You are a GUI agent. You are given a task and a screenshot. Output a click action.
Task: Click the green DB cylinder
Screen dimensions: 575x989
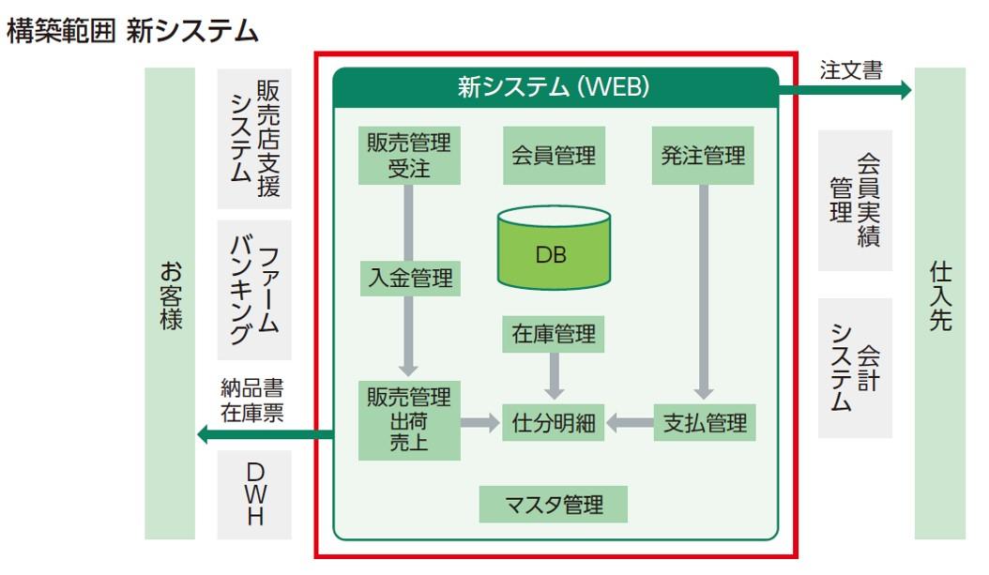tap(554, 248)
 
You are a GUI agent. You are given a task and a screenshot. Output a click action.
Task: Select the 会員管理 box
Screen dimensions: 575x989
tap(554, 156)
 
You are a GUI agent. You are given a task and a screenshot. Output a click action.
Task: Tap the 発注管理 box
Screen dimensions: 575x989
tap(703, 156)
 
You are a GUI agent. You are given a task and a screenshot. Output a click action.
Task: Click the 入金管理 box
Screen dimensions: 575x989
tap(410, 278)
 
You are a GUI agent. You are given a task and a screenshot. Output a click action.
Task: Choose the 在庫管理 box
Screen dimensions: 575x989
tap(554, 333)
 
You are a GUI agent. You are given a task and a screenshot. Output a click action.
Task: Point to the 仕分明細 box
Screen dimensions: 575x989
tap(554, 423)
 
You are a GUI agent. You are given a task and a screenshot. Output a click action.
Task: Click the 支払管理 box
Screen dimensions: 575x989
tap(703, 423)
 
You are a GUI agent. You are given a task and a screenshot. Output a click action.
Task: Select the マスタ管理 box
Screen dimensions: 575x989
tap(554, 505)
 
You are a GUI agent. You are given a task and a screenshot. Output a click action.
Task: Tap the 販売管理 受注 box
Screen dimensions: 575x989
tap(409, 156)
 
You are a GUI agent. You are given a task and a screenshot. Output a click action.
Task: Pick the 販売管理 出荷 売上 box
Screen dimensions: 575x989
tap(409, 420)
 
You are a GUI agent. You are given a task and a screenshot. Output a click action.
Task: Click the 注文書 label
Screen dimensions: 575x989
tap(851, 70)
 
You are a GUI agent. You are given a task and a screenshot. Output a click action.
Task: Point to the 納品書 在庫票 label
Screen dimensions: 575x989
tap(251, 399)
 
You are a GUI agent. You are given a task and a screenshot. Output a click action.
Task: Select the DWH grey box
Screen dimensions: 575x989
tap(254, 494)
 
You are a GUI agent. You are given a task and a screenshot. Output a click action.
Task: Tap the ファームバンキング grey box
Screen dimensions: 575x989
tap(254, 290)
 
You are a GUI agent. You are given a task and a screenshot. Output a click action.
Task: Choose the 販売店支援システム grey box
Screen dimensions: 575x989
tap(254, 138)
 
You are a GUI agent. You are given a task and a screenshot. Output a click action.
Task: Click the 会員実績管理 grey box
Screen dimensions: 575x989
tap(855, 201)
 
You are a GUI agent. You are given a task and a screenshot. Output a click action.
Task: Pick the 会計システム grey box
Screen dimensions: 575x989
tap(855, 369)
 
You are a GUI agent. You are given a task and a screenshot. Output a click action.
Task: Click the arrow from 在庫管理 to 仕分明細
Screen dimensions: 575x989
tap(555, 375)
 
